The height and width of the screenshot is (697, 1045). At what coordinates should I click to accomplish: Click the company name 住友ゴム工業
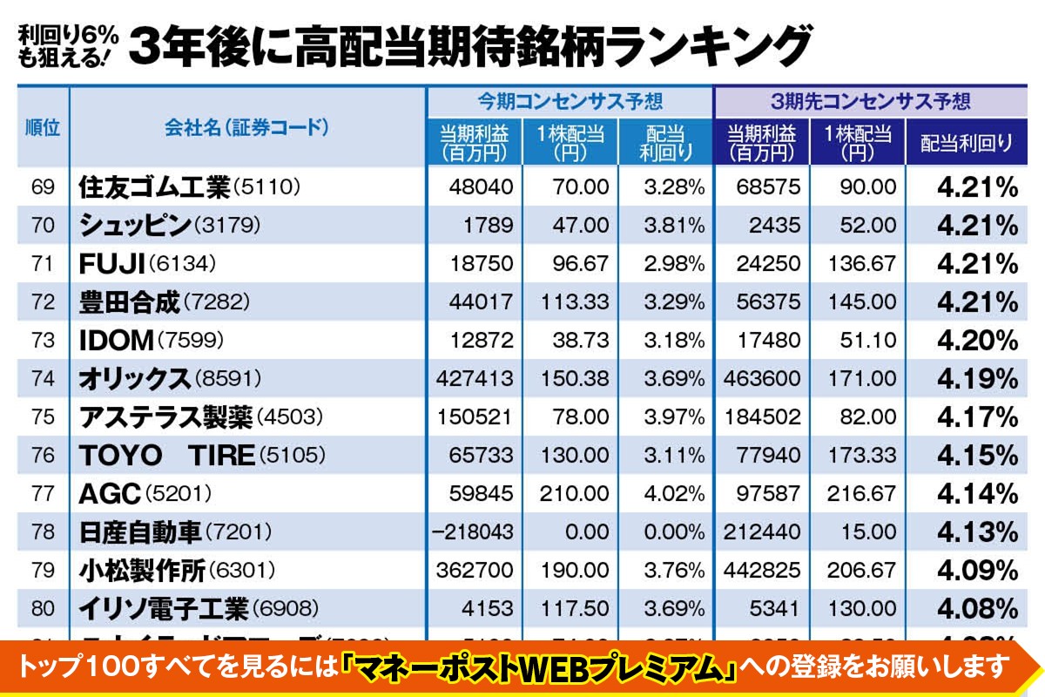(x=154, y=187)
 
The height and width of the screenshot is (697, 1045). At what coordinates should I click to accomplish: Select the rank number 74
(x=43, y=378)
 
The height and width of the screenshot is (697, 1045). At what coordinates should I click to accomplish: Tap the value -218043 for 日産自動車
(x=475, y=531)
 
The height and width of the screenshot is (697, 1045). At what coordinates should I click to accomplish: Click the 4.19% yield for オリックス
(x=977, y=378)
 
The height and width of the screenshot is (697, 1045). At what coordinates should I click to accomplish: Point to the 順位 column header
(x=43, y=127)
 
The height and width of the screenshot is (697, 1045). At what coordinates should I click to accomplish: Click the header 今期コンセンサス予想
(x=570, y=100)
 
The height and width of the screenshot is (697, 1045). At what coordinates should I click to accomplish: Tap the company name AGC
(x=110, y=493)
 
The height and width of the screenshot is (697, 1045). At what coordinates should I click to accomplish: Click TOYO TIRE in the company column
(x=166, y=455)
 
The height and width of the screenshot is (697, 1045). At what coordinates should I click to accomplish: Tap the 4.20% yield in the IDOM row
(x=977, y=340)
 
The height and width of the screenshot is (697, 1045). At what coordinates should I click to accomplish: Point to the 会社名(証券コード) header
(x=246, y=127)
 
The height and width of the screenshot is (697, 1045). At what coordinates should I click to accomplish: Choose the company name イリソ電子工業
(x=164, y=608)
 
